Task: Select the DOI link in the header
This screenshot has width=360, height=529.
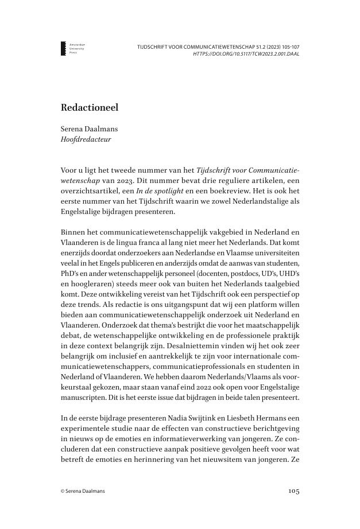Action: click(247, 54)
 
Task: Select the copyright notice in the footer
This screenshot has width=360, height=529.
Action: click(83, 491)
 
